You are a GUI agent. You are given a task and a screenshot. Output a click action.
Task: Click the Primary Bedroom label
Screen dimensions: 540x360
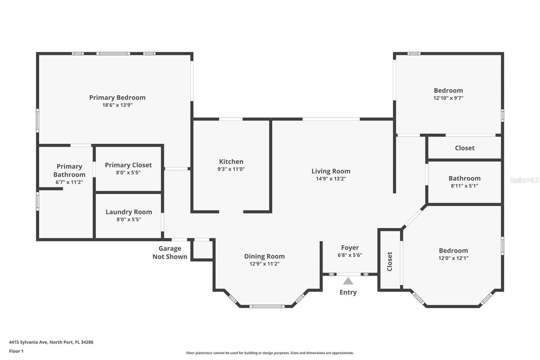117,98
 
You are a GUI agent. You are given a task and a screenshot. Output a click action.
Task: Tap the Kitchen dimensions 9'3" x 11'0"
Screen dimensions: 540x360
231,169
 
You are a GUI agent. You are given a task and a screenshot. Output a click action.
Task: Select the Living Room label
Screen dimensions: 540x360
331,171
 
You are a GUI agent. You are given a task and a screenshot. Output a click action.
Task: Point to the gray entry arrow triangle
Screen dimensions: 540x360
348,281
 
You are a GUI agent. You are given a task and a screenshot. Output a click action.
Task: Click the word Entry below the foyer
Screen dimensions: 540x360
348,292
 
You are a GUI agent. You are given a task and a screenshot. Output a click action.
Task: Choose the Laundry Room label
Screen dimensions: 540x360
129,212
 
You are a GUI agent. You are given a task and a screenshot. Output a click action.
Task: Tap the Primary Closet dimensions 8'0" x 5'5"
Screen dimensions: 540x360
128,173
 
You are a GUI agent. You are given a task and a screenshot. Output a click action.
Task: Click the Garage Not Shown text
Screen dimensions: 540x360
170,252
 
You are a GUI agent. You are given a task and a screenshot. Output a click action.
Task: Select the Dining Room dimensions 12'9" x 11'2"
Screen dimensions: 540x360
265,264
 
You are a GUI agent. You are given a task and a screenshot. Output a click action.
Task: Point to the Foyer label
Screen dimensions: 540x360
350,248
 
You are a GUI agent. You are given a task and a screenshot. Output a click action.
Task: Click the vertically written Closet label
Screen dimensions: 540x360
389,261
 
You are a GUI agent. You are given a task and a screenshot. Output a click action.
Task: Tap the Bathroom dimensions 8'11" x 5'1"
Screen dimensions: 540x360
464,186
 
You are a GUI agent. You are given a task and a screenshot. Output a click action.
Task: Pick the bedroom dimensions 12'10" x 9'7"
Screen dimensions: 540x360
449,98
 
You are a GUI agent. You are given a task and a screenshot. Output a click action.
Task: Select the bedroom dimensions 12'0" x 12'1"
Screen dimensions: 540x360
454,258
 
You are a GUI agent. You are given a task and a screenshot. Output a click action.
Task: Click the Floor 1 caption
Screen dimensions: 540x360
16,351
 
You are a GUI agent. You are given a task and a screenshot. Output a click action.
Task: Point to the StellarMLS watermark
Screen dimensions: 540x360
524,180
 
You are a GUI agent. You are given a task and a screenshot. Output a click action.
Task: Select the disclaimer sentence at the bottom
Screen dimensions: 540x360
270,353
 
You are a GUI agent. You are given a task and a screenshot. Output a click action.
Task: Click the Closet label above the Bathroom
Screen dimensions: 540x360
465,148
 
